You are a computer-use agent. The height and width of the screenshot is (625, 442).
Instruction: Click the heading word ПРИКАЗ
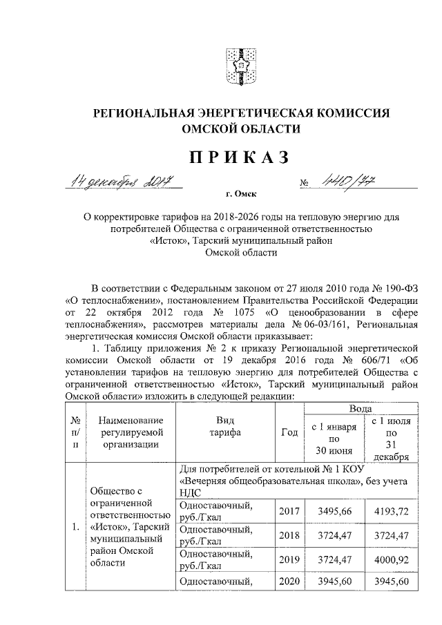coord(221,157)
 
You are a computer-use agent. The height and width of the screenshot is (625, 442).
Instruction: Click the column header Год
coord(290,433)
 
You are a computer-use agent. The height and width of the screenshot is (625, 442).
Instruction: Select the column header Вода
coord(357,410)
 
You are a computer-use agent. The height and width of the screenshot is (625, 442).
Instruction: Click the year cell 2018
coord(290,533)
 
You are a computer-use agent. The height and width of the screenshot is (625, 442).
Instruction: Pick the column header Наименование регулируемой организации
coord(131,433)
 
